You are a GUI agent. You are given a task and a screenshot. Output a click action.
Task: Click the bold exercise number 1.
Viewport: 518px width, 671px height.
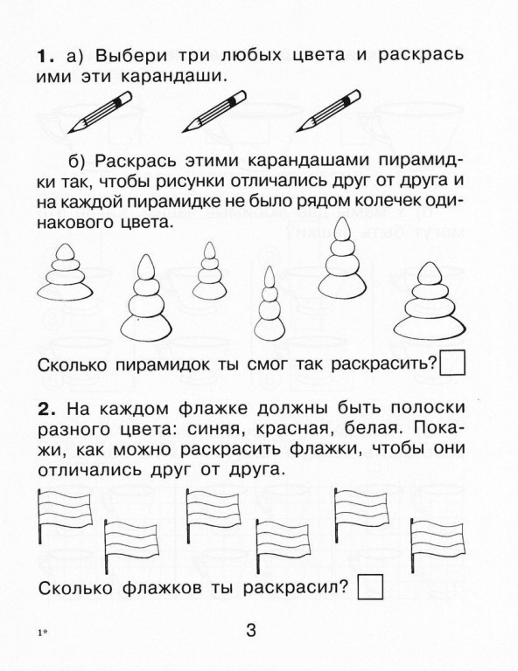pyautogui.click(x=44, y=57)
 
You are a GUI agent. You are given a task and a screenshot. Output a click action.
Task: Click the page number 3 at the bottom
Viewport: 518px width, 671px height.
pyautogui.click(x=251, y=630)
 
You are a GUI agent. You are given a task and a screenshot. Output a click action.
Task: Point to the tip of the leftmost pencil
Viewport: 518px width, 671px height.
pyautogui.click(x=69, y=132)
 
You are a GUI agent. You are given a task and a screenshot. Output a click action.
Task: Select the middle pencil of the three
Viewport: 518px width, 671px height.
pyautogui.click(x=214, y=111)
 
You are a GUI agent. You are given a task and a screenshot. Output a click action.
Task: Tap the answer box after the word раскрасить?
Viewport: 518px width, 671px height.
pyautogui.click(x=452, y=363)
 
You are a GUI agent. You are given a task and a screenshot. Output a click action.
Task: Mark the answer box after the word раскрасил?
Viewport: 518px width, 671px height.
pyautogui.click(x=370, y=587)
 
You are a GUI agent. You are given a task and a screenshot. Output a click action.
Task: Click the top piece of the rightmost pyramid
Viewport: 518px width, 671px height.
pyautogui.click(x=430, y=273)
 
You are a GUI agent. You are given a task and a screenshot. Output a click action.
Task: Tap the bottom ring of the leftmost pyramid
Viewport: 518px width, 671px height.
pyautogui.click(x=65, y=292)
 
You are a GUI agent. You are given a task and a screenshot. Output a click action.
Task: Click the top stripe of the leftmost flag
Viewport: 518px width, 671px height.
pyautogui.click(x=65, y=499)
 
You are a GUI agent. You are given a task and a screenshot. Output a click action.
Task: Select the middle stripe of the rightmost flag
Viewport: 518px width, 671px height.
pyautogui.click(x=437, y=540)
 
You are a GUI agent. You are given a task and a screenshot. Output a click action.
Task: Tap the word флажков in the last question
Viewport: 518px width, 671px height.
pyautogui.click(x=163, y=588)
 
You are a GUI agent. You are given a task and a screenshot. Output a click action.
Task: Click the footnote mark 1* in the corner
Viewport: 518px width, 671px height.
pyautogui.click(x=42, y=633)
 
